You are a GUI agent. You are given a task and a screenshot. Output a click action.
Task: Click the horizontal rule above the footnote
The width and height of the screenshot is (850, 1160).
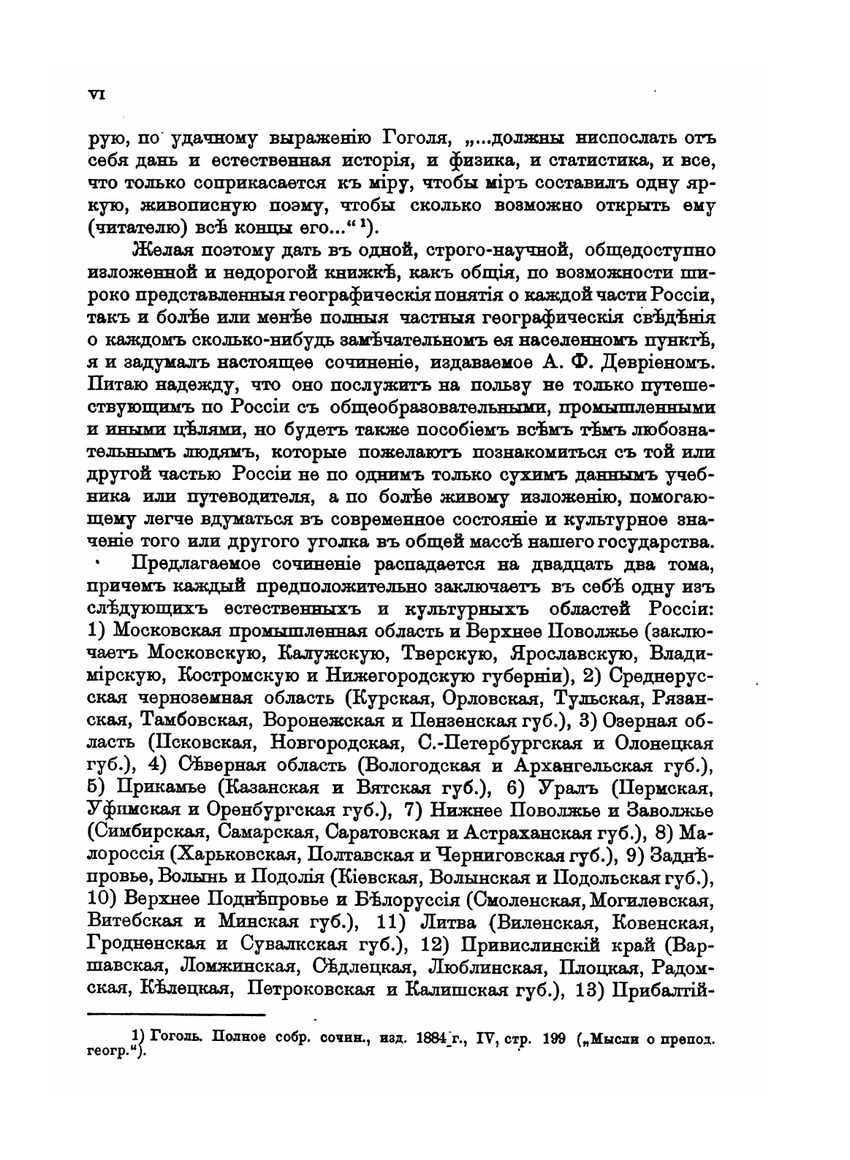tap(175, 1015)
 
